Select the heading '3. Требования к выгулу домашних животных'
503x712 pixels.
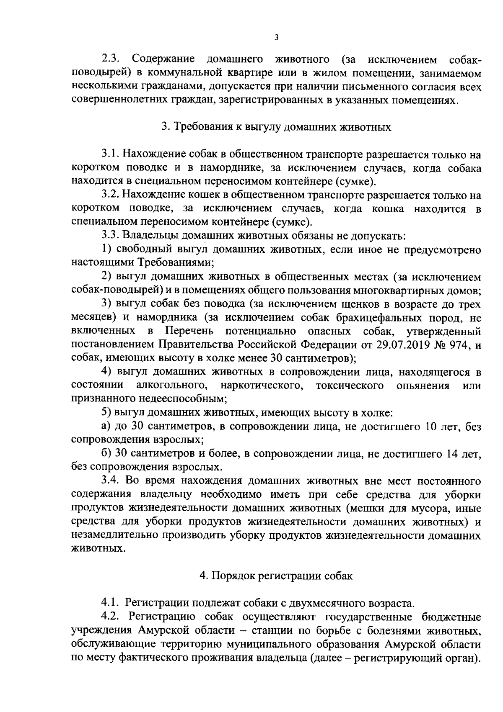tap(277, 127)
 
